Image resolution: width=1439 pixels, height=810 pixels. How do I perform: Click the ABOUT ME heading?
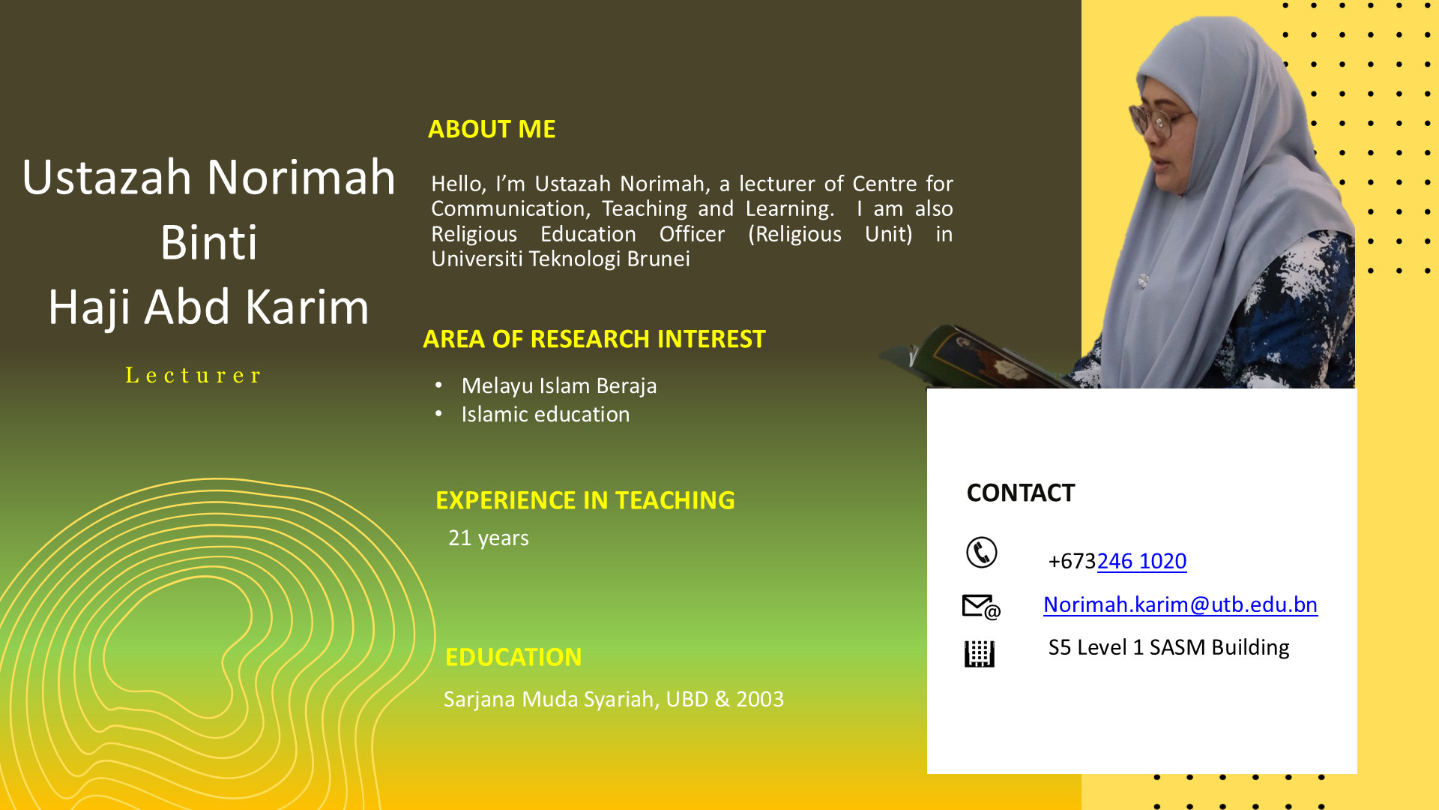coord(492,129)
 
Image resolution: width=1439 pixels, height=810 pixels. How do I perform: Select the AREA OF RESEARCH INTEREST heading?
coord(594,339)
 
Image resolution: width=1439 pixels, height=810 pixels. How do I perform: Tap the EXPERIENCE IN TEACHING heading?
coord(585,500)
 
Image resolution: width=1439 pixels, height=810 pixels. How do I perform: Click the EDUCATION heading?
coord(513,657)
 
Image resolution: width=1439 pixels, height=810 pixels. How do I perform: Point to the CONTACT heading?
coord(1021,493)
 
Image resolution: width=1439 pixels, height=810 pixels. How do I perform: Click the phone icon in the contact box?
coord(982,553)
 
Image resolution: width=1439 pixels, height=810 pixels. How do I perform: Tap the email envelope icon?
coord(981,607)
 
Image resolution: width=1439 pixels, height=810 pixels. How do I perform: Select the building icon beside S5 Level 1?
coord(980,654)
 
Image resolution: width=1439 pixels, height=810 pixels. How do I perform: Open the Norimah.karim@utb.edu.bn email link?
coord(1180,604)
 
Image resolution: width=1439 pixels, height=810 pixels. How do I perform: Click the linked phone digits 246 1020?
coord(1141,561)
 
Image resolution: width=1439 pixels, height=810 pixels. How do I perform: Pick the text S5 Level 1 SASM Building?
coord(1168,647)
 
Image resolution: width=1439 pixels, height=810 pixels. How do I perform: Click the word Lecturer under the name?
coord(193,375)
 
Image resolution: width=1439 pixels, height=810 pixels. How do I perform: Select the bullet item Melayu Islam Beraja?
coord(559,385)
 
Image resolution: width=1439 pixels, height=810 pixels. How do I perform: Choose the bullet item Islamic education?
coord(546,414)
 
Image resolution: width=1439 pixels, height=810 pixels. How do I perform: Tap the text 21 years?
coord(489,538)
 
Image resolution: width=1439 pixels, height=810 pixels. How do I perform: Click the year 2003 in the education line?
coord(760,699)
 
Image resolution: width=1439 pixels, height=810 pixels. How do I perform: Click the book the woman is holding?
coord(982,358)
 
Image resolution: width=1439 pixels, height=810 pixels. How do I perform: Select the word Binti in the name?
coord(209,242)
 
